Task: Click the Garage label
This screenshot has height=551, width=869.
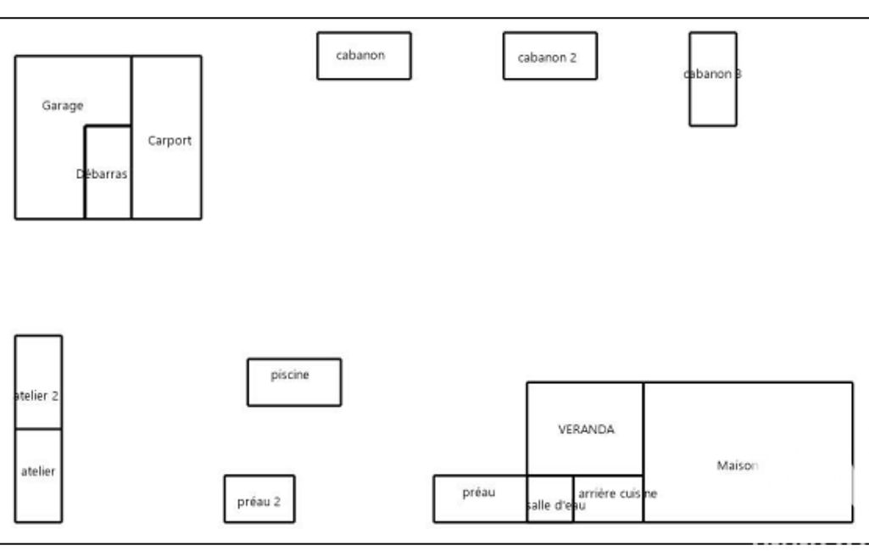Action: click(63, 106)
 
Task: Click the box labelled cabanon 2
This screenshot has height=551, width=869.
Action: click(549, 56)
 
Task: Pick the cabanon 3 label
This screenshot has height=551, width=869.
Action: click(712, 74)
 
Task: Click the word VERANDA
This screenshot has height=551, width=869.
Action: click(586, 430)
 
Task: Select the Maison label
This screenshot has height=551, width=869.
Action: click(738, 465)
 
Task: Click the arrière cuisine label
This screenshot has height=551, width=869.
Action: click(616, 493)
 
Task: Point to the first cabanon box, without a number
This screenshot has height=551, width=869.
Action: click(364, 56)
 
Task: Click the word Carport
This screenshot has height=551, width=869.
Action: click(170, 141)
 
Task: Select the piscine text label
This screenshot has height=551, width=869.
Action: click(290, 375)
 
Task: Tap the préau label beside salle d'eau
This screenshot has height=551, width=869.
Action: click(479, 493)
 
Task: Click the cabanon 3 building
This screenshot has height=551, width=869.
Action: click(712, 102)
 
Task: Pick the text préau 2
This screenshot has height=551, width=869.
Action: click(259, 501)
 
